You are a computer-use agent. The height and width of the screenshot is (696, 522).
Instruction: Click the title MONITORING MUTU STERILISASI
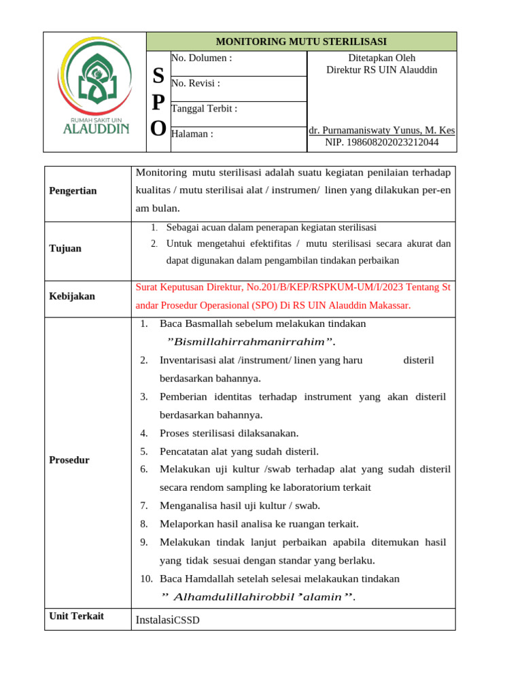(301, 41)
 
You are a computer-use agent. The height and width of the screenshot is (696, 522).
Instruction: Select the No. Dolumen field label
(202, 58)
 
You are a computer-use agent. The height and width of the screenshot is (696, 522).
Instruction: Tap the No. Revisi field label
(196, 84)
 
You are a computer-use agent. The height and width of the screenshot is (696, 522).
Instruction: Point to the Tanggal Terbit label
(205, 109)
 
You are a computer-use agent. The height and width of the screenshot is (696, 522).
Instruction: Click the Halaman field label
(192, 134)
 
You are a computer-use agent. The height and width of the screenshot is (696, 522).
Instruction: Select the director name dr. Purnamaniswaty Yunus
(381, 130)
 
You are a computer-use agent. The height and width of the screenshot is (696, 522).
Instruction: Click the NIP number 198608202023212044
(382, 142)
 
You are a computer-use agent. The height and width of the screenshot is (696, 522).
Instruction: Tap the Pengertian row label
(73, 191)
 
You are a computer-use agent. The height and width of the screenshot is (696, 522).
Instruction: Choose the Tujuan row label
(65, 249)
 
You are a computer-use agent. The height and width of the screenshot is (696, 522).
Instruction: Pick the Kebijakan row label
(72, 296)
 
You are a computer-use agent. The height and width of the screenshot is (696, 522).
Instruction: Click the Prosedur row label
(69, 460)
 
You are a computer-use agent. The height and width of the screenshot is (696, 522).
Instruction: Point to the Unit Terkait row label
(77, 616)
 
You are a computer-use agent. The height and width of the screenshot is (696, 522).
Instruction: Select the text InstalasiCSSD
(168, 620)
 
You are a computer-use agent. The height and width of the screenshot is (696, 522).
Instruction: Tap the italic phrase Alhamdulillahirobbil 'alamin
(259, 597)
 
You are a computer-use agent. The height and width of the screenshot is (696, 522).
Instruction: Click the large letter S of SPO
(158, 75)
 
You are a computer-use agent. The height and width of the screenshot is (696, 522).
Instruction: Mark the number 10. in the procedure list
(147, 579)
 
